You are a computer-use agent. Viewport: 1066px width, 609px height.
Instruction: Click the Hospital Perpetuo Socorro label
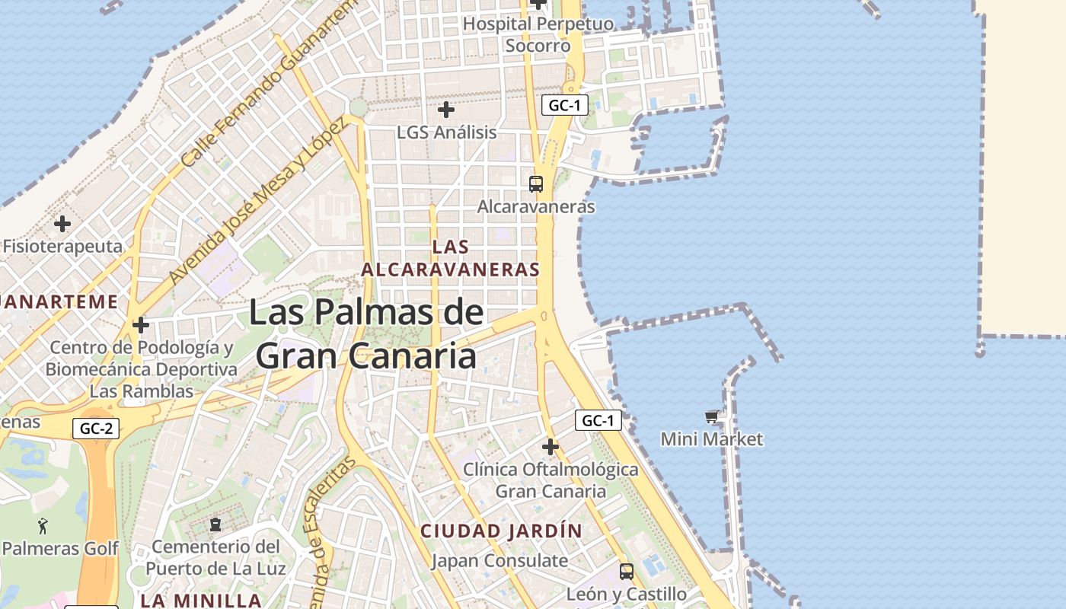coord(538,35)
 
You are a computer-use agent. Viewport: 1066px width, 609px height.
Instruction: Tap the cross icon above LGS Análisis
coord(446,110)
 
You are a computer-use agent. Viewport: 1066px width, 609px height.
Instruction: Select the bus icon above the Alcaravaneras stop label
coord(536,183)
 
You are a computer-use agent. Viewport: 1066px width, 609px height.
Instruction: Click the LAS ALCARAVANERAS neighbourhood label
coord(450,258)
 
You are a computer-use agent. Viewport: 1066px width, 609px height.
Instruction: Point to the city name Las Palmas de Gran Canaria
coord(366,334)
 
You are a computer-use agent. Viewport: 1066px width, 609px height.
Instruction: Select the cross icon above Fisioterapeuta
coord(62,224)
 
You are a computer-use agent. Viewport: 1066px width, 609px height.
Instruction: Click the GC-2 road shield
coord(97,429)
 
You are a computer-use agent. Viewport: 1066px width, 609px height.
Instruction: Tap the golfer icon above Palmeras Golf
coord(43,525)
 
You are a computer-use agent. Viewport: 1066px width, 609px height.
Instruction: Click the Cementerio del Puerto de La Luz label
coord(216,557)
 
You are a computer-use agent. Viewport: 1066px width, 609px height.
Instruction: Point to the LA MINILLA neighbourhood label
coord(202,600)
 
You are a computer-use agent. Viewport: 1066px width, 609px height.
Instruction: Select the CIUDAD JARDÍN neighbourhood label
coord(501,531)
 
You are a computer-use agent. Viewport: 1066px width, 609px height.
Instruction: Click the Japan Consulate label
coord(499,561)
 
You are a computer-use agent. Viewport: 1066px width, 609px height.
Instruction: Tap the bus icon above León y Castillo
coord(626,571)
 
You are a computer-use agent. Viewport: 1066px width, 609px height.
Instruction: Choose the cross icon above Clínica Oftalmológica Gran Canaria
coord(550,446)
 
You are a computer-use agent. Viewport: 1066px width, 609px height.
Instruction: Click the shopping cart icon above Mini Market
coord(711,416)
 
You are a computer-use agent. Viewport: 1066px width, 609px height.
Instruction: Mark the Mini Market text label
coord(711,439)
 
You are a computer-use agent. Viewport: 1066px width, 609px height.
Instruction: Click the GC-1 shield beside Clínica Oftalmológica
coord(598,420)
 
